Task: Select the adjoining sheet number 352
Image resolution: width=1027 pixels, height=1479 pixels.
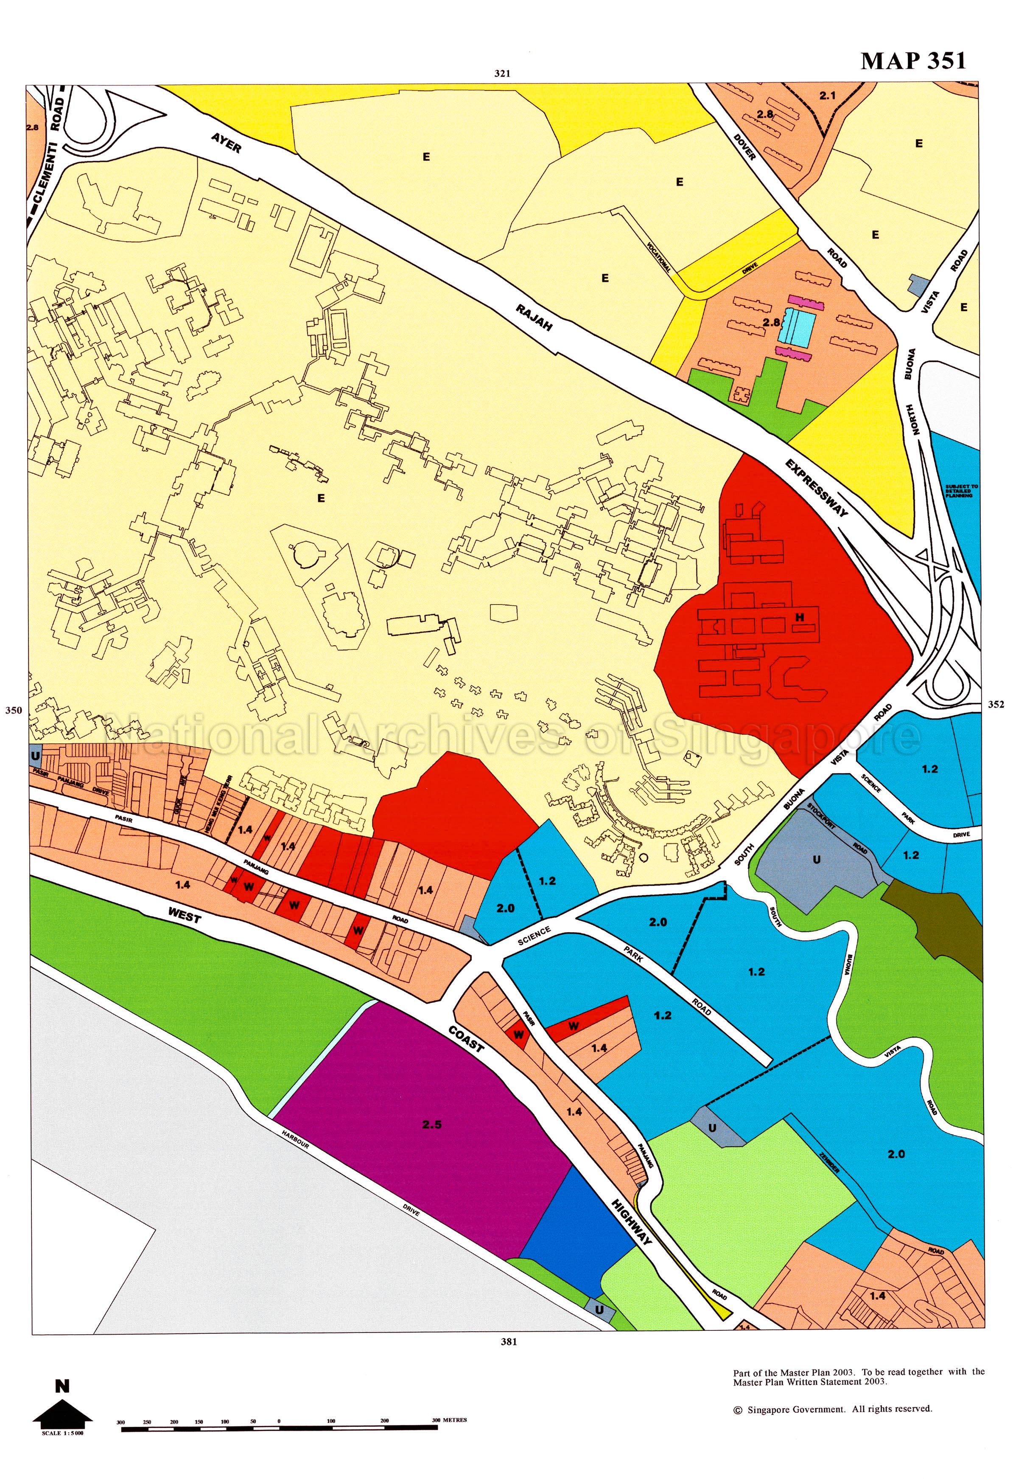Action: coord(996,704)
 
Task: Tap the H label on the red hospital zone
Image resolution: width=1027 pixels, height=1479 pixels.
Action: coord(800,618)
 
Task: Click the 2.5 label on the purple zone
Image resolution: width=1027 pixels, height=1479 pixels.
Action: coord(432,1124)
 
